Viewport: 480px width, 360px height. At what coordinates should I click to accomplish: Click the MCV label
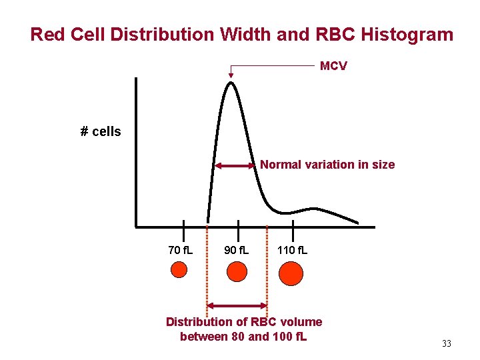(x=333, y=66)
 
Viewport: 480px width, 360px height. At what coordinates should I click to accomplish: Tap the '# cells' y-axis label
(x=101, y=131)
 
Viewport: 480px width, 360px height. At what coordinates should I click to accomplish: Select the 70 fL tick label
(x=180, y=251)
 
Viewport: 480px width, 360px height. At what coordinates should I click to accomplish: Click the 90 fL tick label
(x=236, y=251)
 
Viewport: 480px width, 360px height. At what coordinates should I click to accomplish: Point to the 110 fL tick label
(x=293, y=251)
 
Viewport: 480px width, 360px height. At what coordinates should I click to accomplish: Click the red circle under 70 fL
(x=179, y=269)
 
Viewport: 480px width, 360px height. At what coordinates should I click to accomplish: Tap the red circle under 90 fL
(x=237, y=271)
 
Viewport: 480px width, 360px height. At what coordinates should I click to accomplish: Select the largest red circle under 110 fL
(x=291, y=273)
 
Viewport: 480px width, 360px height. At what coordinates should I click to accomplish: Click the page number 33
(x=446, y=344)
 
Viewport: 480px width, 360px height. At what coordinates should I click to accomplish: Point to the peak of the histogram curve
(x=231, y=83)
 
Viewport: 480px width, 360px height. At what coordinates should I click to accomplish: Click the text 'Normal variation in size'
(x=327, y=165)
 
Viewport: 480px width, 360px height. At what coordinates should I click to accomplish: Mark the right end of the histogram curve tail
(x=357, y=223)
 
